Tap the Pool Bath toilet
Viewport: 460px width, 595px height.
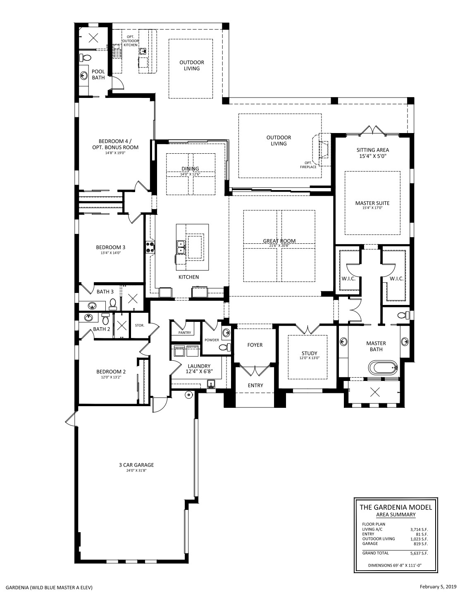[85, 58]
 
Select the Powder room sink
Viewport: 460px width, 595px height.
[226, 333]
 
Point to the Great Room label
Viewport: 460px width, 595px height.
[279, 241]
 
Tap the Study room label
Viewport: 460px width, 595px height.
[310, 353]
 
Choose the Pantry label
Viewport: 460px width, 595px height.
[185, 332]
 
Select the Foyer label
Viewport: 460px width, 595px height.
[255, 345]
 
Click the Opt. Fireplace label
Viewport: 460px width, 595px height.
[308, 165]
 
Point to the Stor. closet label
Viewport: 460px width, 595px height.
[140, 325]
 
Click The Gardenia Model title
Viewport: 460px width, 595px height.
[396, 507]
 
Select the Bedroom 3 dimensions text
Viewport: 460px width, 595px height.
[111, 253]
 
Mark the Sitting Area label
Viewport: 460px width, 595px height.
[373, 150]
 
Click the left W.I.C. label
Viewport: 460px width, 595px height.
[348, 279]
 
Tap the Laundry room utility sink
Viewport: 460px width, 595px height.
[211, 383]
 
